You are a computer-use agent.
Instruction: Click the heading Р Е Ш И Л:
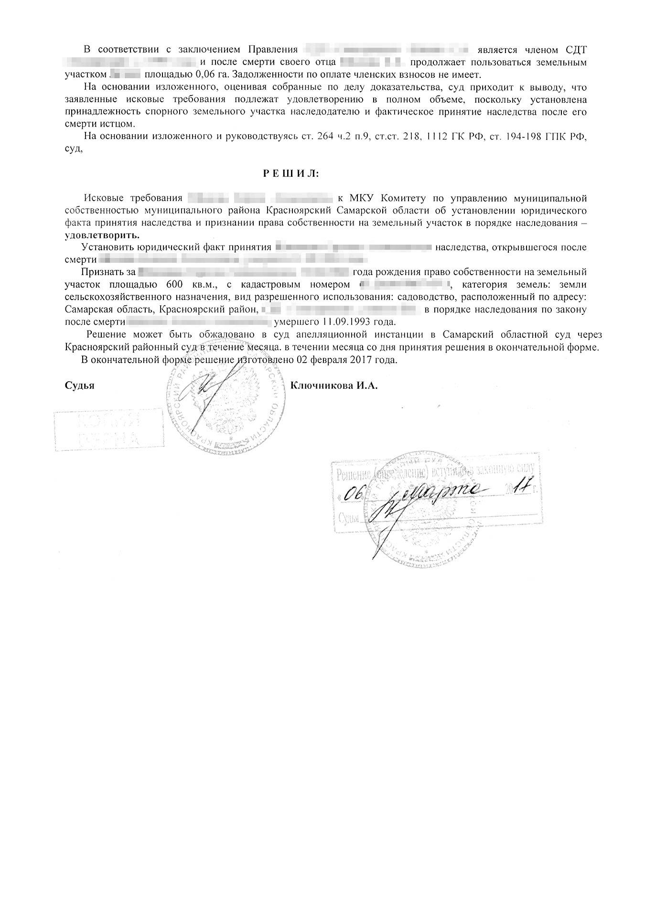291,173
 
